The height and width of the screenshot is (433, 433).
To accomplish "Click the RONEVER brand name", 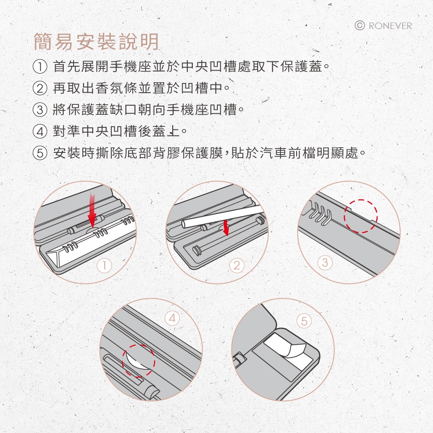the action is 390,26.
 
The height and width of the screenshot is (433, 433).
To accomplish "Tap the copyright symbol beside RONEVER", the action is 359,26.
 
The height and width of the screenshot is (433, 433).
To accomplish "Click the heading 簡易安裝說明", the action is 96,42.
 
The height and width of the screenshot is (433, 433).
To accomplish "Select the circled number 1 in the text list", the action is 40,67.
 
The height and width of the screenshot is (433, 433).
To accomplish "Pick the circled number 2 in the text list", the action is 40,88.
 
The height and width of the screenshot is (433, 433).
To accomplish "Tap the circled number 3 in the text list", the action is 40,110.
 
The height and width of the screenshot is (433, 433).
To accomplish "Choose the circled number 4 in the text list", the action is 40,131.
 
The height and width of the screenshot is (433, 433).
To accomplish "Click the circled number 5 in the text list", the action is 40,153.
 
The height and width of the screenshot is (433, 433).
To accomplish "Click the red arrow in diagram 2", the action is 226,228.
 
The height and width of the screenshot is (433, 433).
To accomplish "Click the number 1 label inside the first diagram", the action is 104,266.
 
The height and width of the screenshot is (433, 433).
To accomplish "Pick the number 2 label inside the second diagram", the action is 237,266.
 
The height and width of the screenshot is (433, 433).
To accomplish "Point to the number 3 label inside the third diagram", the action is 325,262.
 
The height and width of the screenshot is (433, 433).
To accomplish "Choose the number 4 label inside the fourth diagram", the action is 172,318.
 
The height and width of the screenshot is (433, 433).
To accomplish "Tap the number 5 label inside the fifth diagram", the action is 304,321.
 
